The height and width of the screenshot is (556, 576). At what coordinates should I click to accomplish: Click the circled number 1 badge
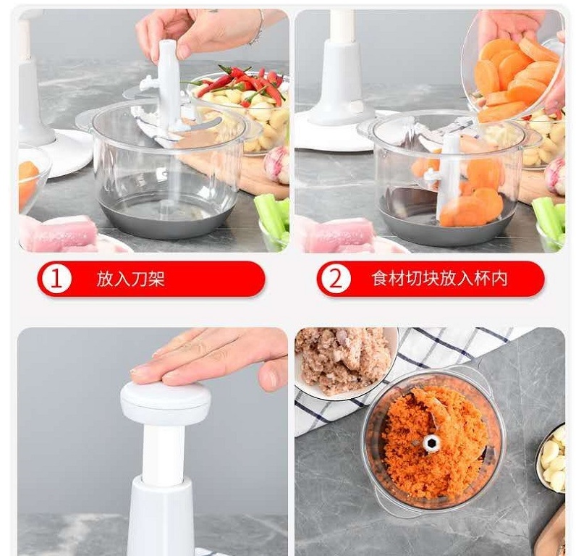point(56,279)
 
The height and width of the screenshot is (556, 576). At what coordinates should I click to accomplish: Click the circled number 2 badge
point(335,279)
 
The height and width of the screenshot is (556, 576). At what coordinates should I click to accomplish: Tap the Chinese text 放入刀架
point(130,279)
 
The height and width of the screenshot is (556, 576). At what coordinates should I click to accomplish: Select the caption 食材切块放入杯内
point(439,279)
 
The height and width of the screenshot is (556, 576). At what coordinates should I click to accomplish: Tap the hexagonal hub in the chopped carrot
point(431,444)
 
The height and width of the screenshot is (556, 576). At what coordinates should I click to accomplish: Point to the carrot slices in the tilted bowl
point(514,79)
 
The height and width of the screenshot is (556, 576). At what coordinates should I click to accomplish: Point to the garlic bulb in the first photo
point(277,164)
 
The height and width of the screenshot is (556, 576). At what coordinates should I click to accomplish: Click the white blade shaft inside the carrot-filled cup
point(446,177)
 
